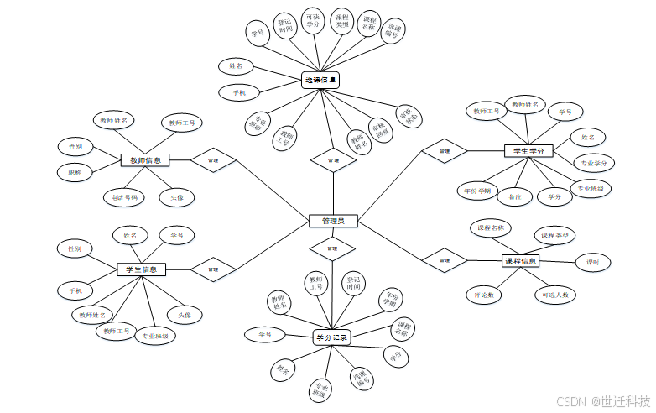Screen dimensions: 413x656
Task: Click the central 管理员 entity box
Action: coord(333,221)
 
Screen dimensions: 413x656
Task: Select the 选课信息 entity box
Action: coord(320,81)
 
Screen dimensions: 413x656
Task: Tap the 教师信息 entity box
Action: coord(145,159)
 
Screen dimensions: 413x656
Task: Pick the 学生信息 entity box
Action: coord(142,269)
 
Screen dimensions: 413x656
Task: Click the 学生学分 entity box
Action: coord(528,151)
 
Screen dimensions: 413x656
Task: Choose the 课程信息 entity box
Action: coord(521,261)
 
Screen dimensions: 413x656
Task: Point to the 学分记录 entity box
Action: coord(331,337)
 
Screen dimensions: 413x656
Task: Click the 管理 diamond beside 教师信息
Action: coord(213,159)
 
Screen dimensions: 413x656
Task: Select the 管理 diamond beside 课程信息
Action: coord(445,261)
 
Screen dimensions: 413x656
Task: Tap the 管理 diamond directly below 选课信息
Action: coord(333,159)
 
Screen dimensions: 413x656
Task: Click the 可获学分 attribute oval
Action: coord(313,21)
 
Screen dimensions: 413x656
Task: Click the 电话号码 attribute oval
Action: coord(124,198)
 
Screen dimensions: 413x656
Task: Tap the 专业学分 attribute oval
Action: coord(594,161)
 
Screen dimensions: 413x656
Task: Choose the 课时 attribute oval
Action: coord(592,263)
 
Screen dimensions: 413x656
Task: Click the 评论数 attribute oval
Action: coord(483,295)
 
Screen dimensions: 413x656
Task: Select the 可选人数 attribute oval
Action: coord(554,295)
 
